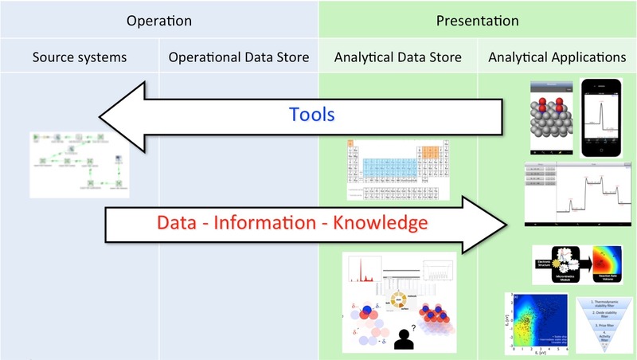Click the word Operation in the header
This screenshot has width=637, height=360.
pyautogui.click(x=159, y=21)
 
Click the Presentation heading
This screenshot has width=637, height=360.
pyautogui.click(x=477, y=21)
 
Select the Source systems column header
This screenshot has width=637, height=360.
pyautogui.click(x=80, y=57)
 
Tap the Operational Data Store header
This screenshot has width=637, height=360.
pyautogui.click(x=239, y=57)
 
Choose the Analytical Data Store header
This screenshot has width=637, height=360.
pyautogui.click(x=397, y=57)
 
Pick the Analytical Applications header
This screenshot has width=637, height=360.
pyautogui.click(x=557, y=57)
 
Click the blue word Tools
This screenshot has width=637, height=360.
pyautogui.click(x=311, y=114)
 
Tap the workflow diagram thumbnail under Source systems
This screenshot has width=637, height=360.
pyautogui.click(x=77, y=164)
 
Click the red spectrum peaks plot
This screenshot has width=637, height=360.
pyautogui.click(x=364, y=274)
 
